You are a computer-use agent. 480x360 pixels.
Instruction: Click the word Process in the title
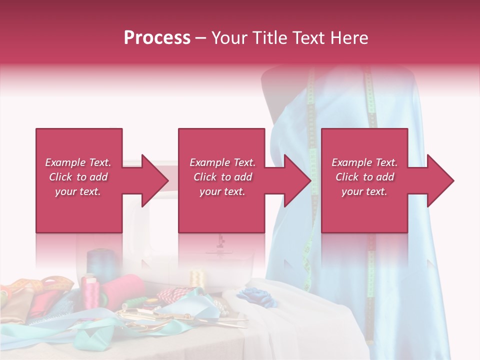click(x=157, y=38)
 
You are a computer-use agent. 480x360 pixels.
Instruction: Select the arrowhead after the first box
click(x=153, y=180)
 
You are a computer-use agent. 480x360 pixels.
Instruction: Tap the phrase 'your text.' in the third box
click(x=364, y=191)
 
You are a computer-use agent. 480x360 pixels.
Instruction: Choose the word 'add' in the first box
click(x=99, y=177)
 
